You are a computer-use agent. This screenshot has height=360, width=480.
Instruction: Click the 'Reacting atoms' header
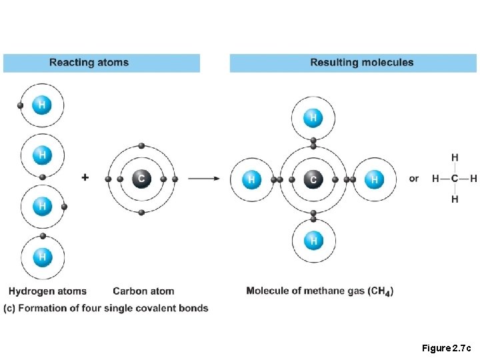pos(89,63)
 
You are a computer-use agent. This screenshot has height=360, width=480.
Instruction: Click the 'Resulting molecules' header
pos(361,63)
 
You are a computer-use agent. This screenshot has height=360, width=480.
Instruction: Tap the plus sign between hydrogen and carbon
pos(85,177)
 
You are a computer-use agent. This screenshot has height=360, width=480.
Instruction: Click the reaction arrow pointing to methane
pos(205,179)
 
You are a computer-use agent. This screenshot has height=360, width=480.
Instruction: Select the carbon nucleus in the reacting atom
pos(141,179)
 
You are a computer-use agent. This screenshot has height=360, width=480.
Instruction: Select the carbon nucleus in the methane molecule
pos(313,179)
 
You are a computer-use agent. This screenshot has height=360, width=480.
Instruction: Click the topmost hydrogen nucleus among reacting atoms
pos(42,105)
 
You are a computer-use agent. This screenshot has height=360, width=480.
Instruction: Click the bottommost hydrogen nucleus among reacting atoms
pos(42,256)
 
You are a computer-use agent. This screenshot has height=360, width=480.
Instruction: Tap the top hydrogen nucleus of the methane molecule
pos(313,119)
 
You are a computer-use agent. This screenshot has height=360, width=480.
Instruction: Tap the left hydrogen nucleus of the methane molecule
pos(251,179)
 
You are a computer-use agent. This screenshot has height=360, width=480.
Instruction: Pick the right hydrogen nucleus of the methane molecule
pos(374,179)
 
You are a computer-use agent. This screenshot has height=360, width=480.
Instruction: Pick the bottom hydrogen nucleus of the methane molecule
pos(313,240)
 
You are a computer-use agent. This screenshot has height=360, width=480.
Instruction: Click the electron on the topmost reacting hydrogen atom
pos(21,105)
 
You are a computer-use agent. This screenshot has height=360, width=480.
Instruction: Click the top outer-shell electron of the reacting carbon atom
pos(141,145)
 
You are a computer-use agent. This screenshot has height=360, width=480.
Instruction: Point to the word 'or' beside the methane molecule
pos(414,179)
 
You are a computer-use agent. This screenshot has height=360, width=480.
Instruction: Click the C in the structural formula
pos(455,179)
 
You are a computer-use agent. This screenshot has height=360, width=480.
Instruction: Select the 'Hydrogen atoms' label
pos(47,291)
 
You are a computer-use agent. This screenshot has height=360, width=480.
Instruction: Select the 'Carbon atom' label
pos(143,291)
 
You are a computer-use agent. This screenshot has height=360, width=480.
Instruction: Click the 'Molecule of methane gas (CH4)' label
pos(319,291)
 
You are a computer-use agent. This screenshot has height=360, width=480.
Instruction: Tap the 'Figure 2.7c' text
pos(446,348)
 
